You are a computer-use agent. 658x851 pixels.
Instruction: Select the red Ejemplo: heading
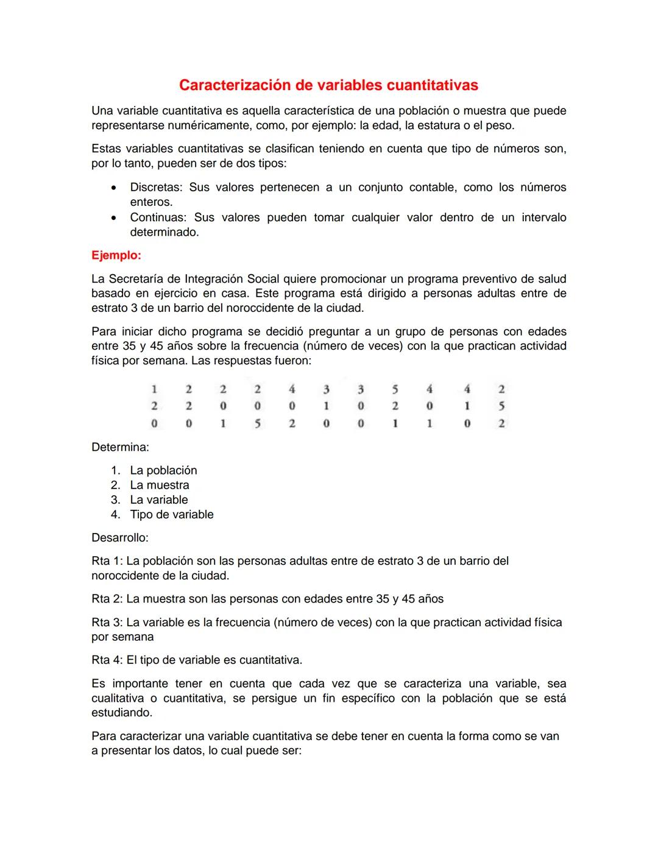click(116, 255)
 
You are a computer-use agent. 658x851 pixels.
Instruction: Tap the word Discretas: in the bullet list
click(155, 188)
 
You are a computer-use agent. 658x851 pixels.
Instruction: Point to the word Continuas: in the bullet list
click(158, 217)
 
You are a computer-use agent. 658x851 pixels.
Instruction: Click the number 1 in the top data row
click(154, 389)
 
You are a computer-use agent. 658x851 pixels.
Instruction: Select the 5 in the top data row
click(395, 389)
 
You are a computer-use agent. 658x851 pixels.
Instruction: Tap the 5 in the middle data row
click(501, 406)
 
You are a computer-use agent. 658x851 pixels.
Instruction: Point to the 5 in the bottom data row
click(257, 423)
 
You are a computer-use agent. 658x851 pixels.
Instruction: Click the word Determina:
click(120, 447)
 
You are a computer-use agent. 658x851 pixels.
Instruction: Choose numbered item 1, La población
click(163, 470)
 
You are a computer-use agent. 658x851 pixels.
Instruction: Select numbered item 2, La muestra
click(159, 485)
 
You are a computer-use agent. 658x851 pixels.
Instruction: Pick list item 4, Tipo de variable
click(171, 514)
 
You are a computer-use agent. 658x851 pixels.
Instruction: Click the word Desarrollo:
click(120, 537)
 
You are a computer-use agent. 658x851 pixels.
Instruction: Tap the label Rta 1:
click(107, 561)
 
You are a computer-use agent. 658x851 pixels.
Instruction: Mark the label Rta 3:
click(107, 623)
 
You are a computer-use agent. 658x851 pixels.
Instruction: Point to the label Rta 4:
click(107, 660)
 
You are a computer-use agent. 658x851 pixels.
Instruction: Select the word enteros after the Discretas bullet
click(150, 202)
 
